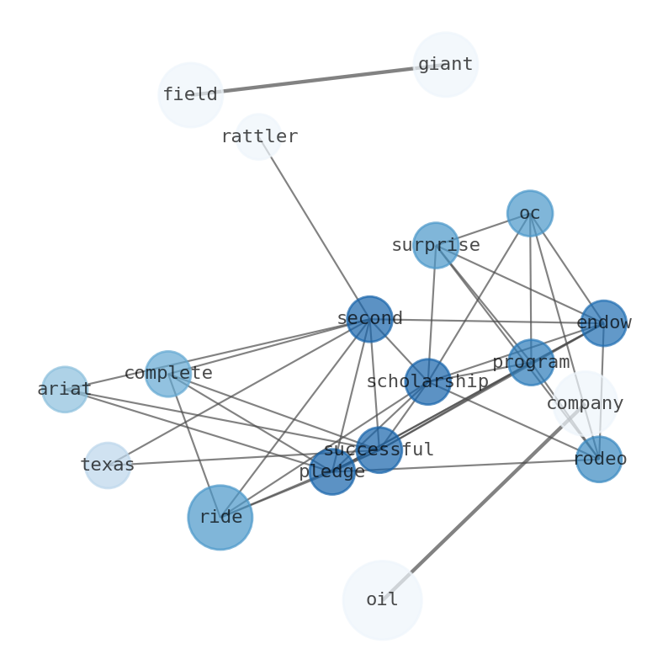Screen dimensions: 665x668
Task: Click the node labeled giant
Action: tap(445, 65)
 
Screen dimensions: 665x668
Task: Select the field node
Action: tap(190, 95)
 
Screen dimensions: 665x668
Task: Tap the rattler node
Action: tap(258, 136)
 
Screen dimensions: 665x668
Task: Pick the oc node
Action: tap(529, 213)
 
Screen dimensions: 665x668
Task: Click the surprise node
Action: tap(435, 245)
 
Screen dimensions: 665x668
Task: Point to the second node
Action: tap(369, 319)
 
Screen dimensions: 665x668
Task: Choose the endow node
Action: tap(603, 323)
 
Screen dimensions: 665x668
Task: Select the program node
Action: tap(531, 362)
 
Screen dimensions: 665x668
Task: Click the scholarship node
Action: tap(427, 381)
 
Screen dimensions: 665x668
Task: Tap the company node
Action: tap(585, 403)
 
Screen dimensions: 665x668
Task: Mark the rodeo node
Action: tap(598, 460)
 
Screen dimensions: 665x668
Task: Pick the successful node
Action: tap(379, 450)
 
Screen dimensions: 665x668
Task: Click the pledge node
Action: tap(331, 471)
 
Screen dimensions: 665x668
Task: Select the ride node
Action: tap(220, 517)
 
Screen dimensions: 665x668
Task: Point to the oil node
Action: tap(382, 600)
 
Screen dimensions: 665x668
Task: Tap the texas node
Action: tap(108, 465)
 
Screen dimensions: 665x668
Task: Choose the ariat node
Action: tap(65, 389)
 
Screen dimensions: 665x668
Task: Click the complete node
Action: tap(167, 373)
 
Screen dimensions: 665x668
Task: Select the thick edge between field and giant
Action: tap(318, 80)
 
